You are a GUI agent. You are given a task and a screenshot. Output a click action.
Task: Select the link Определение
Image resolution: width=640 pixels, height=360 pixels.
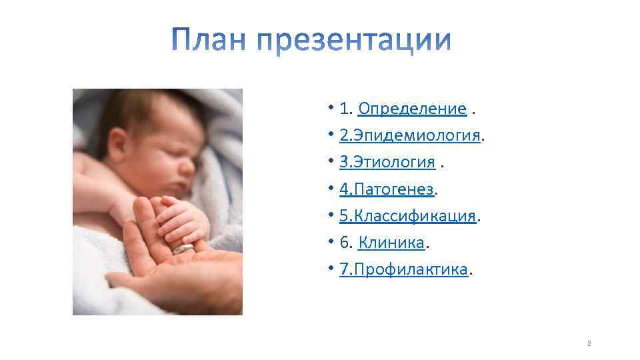(x=412, y=109)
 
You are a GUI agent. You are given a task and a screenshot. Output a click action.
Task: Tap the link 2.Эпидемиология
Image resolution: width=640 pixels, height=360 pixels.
(x=410, y=135)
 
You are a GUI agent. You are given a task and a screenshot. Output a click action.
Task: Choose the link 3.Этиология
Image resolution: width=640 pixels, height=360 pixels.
(x=387, y=163)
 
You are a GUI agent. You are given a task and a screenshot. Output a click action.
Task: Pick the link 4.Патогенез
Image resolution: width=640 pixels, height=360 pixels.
(x=387, y=189)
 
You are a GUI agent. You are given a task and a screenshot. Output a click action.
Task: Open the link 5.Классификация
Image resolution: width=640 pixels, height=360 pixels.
(x=408, y=217)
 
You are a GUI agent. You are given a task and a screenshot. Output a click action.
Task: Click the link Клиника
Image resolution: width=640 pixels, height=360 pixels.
(x=391, y=243)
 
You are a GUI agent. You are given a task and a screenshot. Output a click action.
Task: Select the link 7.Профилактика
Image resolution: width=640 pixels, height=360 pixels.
(x=404, y=270)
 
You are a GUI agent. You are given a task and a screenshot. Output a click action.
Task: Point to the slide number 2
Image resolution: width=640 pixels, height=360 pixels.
(x=589, y=344)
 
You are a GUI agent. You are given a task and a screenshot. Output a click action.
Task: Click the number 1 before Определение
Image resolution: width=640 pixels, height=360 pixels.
(x=344, y=109)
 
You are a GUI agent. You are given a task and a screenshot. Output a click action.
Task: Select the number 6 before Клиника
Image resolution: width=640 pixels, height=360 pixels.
(x=344, y=243)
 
